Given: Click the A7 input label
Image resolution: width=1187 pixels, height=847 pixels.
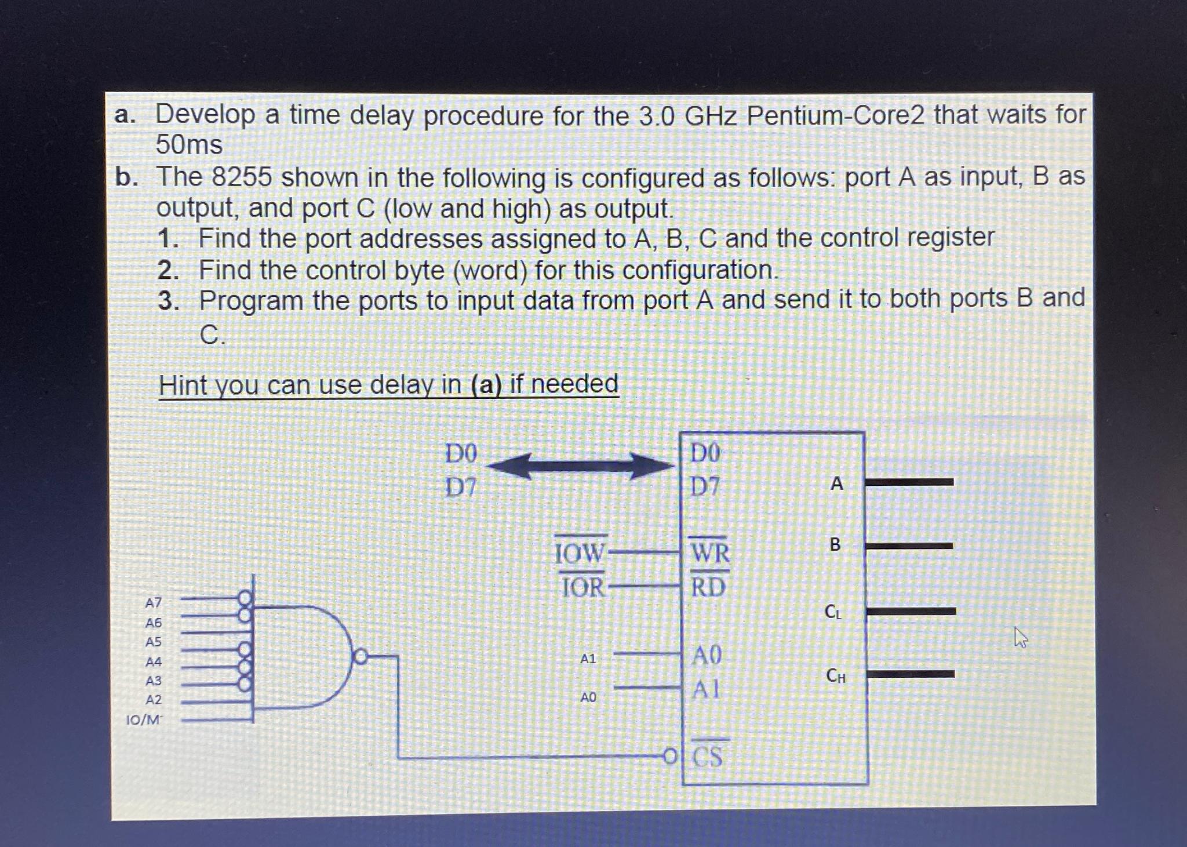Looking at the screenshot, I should [x=153, y=603].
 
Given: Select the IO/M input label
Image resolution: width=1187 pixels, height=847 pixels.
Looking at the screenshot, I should [x=144, y=720].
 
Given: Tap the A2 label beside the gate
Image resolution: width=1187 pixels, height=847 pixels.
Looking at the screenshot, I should [x=153, y=700].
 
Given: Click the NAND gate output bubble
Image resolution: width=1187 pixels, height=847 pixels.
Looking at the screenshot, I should [x=361, y=657].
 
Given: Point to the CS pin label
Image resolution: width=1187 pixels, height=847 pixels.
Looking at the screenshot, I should [x=708, y=757].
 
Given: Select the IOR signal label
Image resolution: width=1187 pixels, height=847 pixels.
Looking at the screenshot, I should [x=583, y=588].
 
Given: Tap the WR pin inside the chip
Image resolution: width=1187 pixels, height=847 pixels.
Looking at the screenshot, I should [x=710, y=553].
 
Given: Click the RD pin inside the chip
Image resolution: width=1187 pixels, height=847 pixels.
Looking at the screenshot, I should [x=708, y=588].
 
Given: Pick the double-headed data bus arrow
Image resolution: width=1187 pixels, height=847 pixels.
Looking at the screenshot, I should [x=580, y=466].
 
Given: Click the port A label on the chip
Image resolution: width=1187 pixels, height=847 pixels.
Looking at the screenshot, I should [x=836, y=484].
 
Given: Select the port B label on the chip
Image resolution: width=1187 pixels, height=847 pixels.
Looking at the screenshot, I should [x=835, y=545].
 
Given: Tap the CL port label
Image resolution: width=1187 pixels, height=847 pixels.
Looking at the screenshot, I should [x=833, y=612].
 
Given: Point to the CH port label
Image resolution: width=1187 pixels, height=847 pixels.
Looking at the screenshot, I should [x=835, y=675].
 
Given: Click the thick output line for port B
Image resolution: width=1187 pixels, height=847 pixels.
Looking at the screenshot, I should [x=909, y=546].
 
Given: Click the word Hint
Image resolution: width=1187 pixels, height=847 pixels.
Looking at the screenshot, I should [x=183, y=385].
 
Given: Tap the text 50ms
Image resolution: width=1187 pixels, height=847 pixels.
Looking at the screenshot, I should [x=189, y=145].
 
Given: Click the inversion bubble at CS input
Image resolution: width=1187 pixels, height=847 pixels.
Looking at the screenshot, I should [x=670, y=756].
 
